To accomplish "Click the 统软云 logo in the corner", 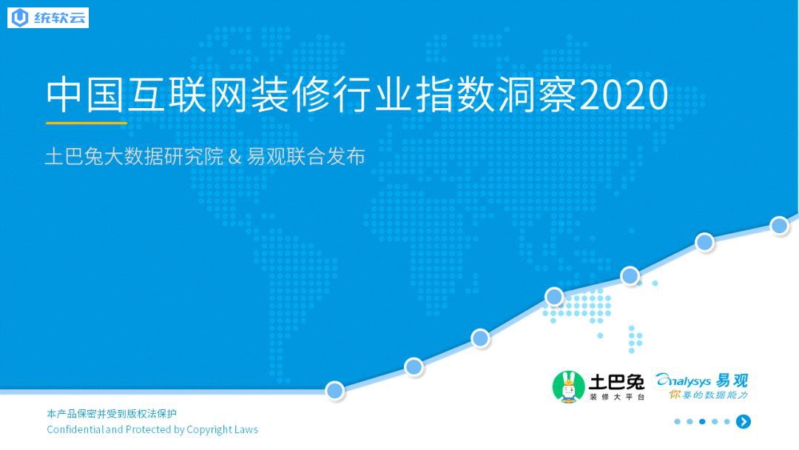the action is coord(48,18).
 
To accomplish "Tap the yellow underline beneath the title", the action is coord(86,123).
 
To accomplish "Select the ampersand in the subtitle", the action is coord(235,157).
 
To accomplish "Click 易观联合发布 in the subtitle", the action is coord(306,156).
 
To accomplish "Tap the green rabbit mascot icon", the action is coord(569,387).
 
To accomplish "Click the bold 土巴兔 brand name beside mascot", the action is coord(616,382).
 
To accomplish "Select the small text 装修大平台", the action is coord(616,397).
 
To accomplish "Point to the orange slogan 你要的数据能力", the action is coord(708,395).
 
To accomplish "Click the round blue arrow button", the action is coord(744,421).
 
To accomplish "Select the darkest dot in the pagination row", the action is coord(702,421).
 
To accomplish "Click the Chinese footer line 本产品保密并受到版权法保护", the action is coord(112,413).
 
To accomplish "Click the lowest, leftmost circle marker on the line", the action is coord(335,390).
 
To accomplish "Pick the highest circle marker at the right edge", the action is coord(779,225).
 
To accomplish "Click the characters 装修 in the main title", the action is coord(291,95).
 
